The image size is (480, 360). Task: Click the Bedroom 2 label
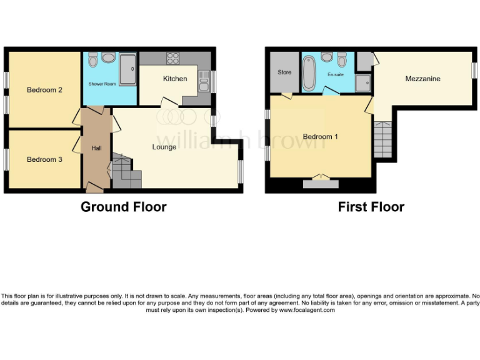pyautogui.click(x=44, y=90)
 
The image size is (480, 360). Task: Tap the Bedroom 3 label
pyautogui.click(x=44, y=159)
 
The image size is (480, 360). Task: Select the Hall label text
pyautogui.click(x=97, y=148)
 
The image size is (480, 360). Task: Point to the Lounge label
pyautogui.click(x=164, y=147)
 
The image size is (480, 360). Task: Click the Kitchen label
pyautogui.click(x=175, y=79)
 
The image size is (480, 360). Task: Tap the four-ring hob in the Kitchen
pyautogui.click(x=172, y=59)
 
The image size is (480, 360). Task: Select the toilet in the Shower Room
pyautogui.click(x=92, y=59)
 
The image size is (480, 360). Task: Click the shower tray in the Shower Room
pyautogui.click(x=127, y=69)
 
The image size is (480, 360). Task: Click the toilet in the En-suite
pyautogui.click(x=342, y=60)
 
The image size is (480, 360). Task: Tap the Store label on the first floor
pyautogui.click(x=284, y=72)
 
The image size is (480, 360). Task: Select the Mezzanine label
pyautogui.click(x=422, y=79)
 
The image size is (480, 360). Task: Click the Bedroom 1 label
pyautogui.click(x=321, y=136)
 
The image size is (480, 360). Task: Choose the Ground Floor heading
pyautogui.click(x=124, y=207)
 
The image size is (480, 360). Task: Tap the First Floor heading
pyautogui.click(x=371, y=207)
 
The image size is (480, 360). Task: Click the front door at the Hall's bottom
pyautogui.click(x=95, y=187)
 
